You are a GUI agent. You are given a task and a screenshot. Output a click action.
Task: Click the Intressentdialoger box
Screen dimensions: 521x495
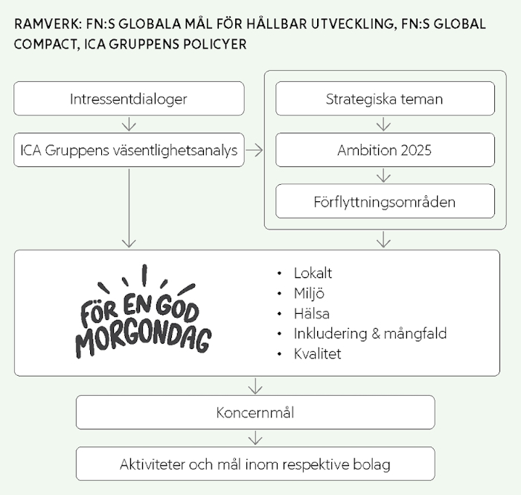coord(129,98)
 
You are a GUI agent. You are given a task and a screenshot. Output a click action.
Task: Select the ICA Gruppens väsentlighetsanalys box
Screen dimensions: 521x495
coord(129,150)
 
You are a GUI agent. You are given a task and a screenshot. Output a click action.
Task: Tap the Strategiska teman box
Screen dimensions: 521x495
coord(385,98)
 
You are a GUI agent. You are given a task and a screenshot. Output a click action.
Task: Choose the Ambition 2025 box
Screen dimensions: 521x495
coord(385,150)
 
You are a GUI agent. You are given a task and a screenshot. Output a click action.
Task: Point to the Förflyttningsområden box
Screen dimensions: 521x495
coord(385,201)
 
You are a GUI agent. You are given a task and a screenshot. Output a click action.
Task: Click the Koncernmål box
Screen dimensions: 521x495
coord(255,412)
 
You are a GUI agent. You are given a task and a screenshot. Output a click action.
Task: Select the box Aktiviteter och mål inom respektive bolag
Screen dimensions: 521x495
coord(255,464)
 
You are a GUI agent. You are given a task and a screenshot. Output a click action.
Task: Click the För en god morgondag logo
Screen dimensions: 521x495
coord(144,312)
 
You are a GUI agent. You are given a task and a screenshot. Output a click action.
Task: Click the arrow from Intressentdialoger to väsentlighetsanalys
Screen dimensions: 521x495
coord(129,124)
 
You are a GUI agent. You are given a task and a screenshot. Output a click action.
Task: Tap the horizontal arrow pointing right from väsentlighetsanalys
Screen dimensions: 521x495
coord(255,151)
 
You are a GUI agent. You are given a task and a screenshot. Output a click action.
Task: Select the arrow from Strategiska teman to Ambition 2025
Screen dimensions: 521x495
coord(384,124)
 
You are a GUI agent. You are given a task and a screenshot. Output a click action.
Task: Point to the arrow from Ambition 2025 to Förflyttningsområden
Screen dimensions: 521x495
coord(384,175)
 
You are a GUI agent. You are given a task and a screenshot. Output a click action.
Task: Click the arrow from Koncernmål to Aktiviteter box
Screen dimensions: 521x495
coord(255,438)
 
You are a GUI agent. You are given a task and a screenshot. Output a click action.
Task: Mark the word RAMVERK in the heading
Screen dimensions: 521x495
coord(48,25)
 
